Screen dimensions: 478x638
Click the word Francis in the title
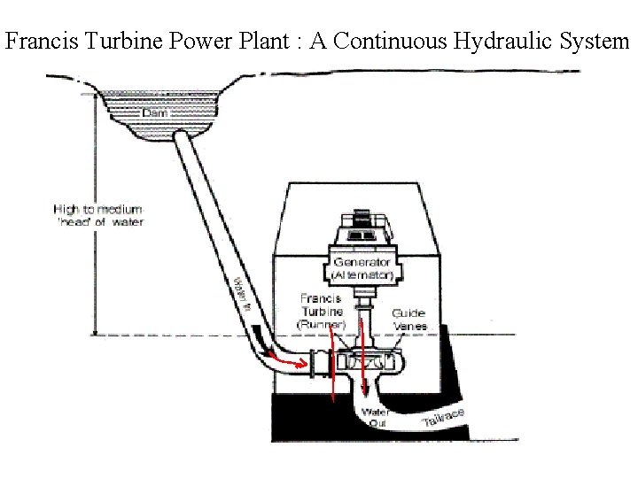35,42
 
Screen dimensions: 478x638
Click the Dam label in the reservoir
155,114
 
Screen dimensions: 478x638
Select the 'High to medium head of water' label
98,215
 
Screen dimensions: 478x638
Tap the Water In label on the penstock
241,293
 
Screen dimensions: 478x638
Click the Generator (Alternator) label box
363,268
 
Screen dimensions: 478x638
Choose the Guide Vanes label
408,319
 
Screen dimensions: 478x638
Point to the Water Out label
377,417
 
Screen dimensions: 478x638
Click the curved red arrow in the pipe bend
285,360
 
